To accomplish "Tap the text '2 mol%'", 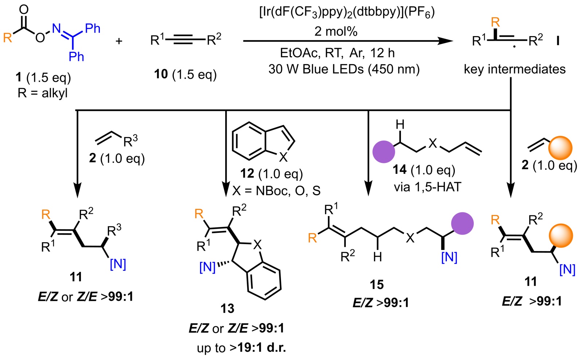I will coord(336,31).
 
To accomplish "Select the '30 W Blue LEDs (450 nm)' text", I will coord(344,69).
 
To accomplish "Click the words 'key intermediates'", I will coord(515,69).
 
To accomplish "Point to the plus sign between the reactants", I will coord(119,41).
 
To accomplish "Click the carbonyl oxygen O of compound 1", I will coord(24,9).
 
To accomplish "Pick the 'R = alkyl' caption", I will coord(43,93).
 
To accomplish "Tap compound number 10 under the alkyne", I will coord(161,74).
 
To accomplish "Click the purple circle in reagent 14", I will coord(384,152).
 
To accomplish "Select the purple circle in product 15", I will coord(462,223).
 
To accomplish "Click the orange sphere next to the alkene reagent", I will coord(560,148).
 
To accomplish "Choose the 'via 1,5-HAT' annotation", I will coord(427,187).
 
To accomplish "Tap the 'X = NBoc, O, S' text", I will coord(276,191).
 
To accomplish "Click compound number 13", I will coord(227,309).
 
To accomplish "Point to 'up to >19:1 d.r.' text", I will coord(241,348).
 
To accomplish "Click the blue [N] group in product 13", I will coord(207,267).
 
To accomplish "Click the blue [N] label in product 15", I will coord(449,257).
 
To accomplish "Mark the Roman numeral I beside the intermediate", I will coord(558,41).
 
